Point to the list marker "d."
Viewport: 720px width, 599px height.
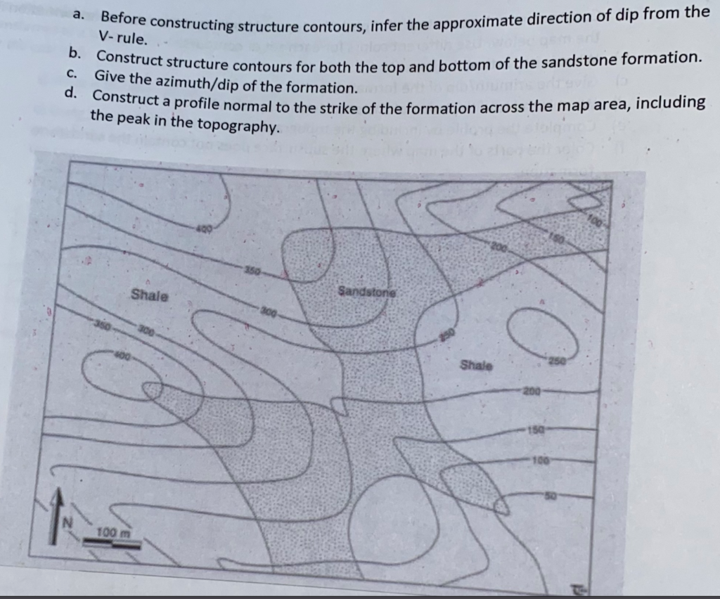point(71,92)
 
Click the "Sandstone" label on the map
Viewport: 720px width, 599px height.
point(366,290)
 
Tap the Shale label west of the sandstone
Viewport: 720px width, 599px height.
point(150,295)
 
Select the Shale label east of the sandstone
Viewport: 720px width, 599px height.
point(477,366)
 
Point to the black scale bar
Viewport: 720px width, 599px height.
point(117,543)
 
